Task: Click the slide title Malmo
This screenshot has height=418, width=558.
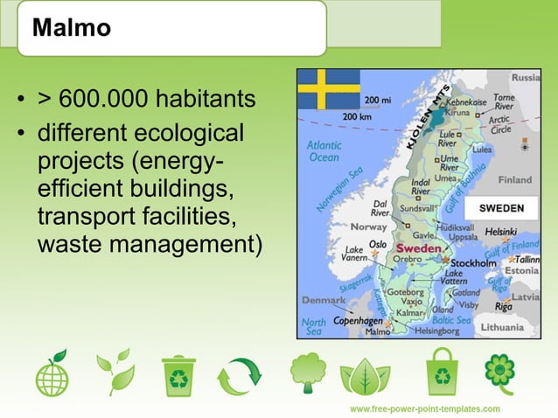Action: pos(72,28)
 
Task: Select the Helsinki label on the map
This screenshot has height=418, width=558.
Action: pos(501,232)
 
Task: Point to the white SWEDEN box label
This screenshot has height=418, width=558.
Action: pos(501,208)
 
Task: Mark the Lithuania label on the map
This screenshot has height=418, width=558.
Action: pos(520,328)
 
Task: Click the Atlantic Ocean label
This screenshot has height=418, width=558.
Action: pos(323,151)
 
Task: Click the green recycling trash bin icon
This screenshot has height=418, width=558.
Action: pos(178,375)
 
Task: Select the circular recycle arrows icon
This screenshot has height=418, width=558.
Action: pos(239,377)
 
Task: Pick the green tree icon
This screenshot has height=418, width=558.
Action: pos(308,373)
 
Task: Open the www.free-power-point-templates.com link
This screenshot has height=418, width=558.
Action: pos(425,408)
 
